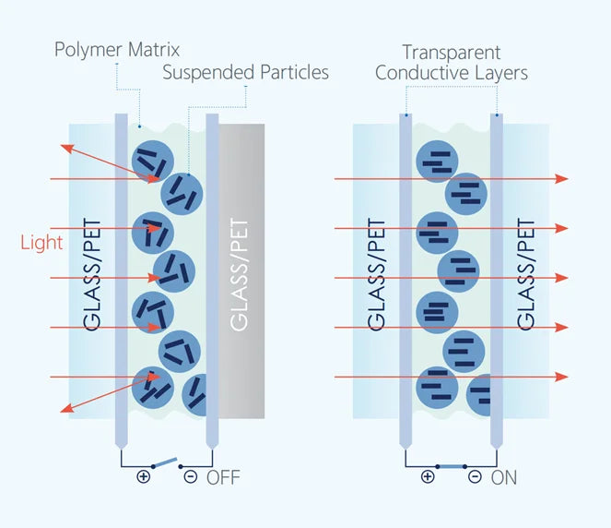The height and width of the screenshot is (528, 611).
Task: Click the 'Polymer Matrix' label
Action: pyautogui.click(x=117, y=50)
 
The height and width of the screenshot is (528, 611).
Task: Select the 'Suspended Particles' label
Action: pyautogui.click(x=245, y=72)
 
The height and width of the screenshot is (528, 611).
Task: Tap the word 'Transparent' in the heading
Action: pyautogui.click(x=452, y=53)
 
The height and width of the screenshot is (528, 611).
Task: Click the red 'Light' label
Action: pyautogui.click(x=41, y=243)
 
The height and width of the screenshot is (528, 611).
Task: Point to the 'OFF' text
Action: pyautogui.click(x=223, y=477)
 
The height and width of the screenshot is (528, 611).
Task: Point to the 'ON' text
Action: pyautogui.click(x=504, y=477)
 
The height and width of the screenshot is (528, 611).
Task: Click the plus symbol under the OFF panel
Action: pyautogui.click(x=144, y=476)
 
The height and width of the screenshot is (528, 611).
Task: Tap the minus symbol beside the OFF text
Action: pyautogui.click(x=191, y=476)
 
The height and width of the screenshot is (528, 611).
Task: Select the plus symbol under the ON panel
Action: pyautogui.click(x=428, y=476)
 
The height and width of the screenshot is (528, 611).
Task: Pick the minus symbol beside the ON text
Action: pyautogui.click(x=475, y=476)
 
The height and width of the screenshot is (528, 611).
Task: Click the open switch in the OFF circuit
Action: pyautogui.click(x=164, y=462)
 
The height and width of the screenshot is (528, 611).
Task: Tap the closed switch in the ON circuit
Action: pyautogui.click(x=452, y=466)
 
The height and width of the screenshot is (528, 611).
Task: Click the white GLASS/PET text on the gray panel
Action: pyautogui.click(x=239, y=275)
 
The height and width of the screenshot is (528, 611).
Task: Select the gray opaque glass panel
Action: pyautogui.click(x=241, y=271)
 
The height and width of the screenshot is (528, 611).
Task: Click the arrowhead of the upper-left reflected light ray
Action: pyautogui.click(x=67, y=149)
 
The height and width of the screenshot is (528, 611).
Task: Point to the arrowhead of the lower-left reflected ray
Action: pyautogui.click(x=67, y=408)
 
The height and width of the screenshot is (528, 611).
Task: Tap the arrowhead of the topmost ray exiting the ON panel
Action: pyautogui.click(x=562, y=179)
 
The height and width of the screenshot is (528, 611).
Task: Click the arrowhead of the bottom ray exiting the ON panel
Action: pyautogui.click(x=562, y=377)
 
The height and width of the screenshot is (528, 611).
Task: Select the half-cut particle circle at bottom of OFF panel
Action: pyautogui.click(x=194, y=394)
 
